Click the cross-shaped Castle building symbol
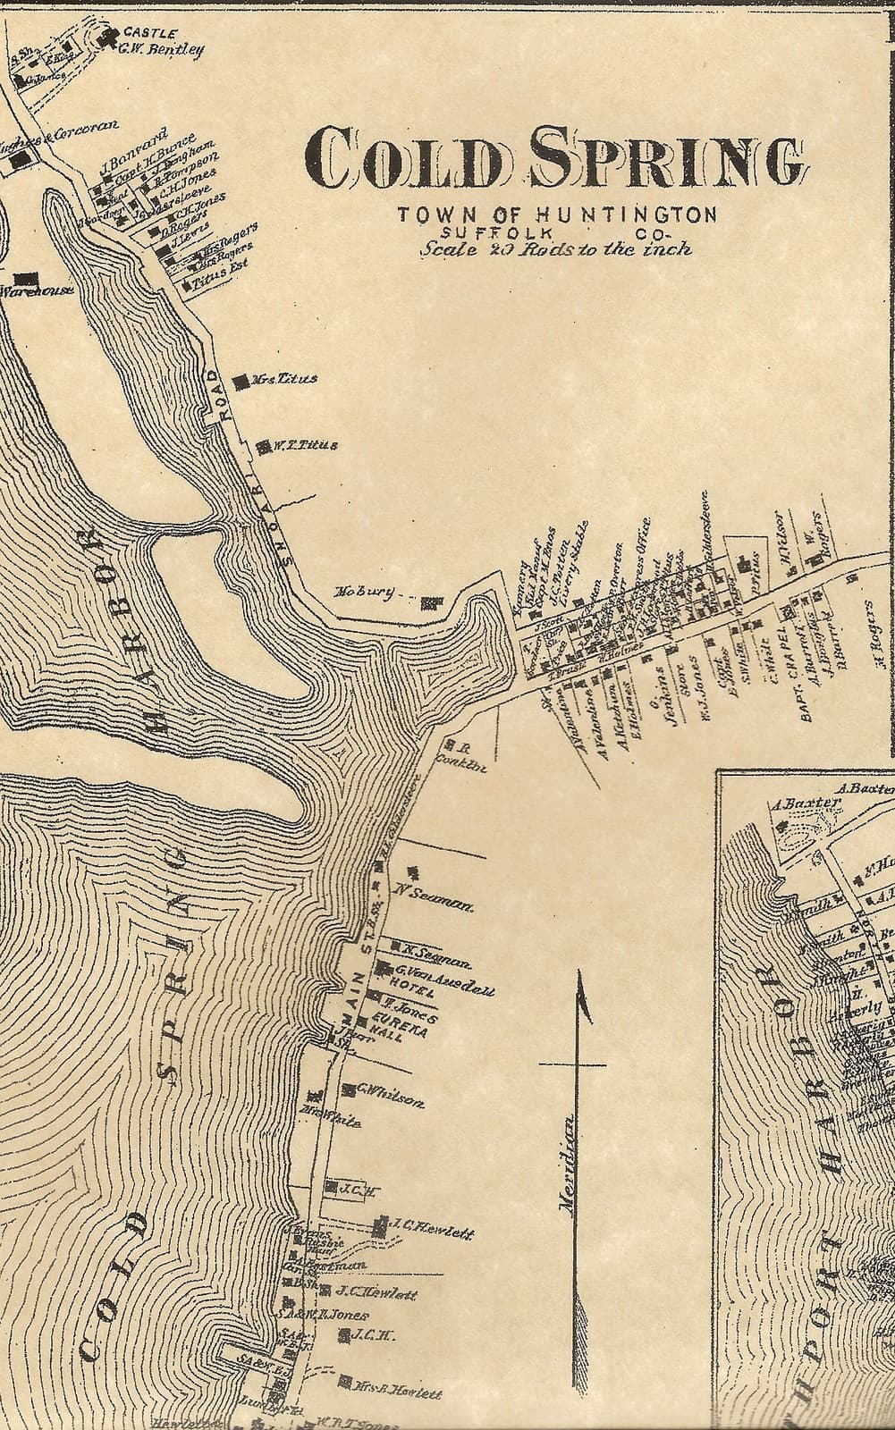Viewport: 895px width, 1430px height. point(111,37)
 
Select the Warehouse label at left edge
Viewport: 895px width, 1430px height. point(36,290)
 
